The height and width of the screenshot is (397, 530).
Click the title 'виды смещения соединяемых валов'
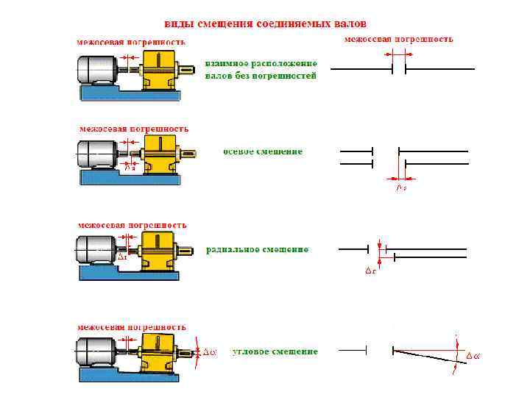[x=264, y=24]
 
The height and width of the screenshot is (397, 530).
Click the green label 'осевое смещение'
[x=263, y=151]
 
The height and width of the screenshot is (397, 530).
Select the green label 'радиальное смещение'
[x=257, y=250]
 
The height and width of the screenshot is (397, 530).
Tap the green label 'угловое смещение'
[x=275, y=352]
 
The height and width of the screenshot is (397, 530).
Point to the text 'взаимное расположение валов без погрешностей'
[x=261, y=70]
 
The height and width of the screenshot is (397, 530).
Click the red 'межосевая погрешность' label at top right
[x=399, y=38]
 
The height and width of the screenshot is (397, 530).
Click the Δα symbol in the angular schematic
[x=472, y=357]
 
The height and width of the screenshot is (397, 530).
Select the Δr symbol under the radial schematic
[x=370, y=271]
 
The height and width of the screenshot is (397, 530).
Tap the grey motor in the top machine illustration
[x=96, y=71]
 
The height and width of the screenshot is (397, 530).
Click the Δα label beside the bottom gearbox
[x=209, y=352]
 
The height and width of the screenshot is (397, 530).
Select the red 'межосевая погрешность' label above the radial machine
[x=132, y=225]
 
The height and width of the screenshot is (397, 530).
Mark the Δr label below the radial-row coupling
[x=122, y=258]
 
